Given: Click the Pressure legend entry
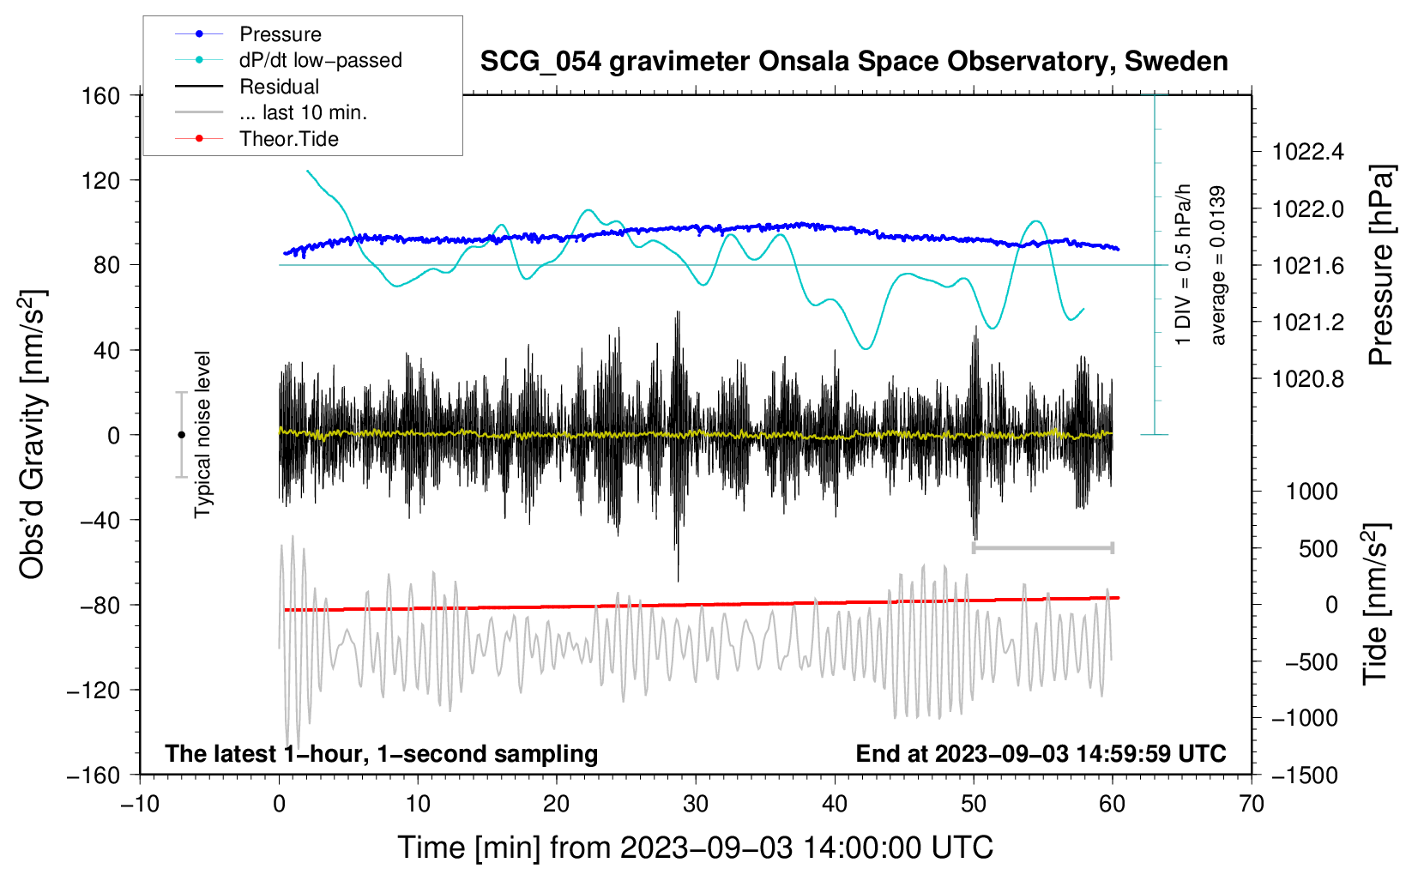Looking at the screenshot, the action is point(248,33).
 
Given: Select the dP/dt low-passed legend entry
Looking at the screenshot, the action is point(288,60).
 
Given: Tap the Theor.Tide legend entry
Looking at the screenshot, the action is point(256,139).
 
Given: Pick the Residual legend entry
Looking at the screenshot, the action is point(247,87).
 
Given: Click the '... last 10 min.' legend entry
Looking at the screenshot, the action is point(271,112).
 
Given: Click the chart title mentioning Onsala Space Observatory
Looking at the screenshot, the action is point(854,62).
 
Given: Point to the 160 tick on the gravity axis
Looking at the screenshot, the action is point(101,96).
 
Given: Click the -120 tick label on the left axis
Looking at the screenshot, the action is point(94,690).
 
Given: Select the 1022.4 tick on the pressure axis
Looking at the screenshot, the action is point(1307,152).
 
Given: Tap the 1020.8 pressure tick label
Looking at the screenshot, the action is point(1307,379).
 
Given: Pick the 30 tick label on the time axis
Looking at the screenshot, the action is point(696,805).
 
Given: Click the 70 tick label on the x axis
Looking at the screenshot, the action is point(1251,805).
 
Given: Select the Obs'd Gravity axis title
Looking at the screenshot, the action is point(32,434).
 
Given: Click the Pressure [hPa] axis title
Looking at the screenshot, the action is point(1381,265).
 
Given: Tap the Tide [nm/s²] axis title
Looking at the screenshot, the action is point(1376,604).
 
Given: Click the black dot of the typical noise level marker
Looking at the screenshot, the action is point(181,435).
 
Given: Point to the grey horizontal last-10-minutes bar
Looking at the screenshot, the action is point(1042,547).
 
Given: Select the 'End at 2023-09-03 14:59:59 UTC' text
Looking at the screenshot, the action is point(1041,753).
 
